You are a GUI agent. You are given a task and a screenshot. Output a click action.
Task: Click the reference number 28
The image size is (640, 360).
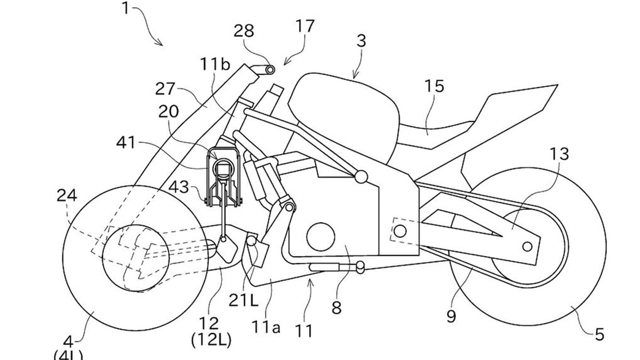244,31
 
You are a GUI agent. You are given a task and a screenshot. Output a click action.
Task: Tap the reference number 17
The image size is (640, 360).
305,26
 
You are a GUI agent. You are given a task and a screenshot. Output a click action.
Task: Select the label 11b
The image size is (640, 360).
215,64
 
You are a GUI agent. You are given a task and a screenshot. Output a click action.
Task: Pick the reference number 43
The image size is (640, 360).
179,186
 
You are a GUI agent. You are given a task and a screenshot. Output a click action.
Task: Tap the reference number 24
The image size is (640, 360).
67,196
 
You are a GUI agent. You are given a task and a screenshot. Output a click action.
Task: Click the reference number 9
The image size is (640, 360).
451,316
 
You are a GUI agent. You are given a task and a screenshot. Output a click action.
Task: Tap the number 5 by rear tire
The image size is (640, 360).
599,334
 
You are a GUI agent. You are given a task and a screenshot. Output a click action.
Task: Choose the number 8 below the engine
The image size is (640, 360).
336,308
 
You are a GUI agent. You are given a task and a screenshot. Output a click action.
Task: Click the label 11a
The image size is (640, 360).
266,327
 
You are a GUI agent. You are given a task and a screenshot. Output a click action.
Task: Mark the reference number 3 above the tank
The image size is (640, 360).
361,41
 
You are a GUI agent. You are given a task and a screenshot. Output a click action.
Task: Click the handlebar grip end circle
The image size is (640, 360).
270,70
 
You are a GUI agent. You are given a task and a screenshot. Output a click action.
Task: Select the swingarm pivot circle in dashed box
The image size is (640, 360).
400,230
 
